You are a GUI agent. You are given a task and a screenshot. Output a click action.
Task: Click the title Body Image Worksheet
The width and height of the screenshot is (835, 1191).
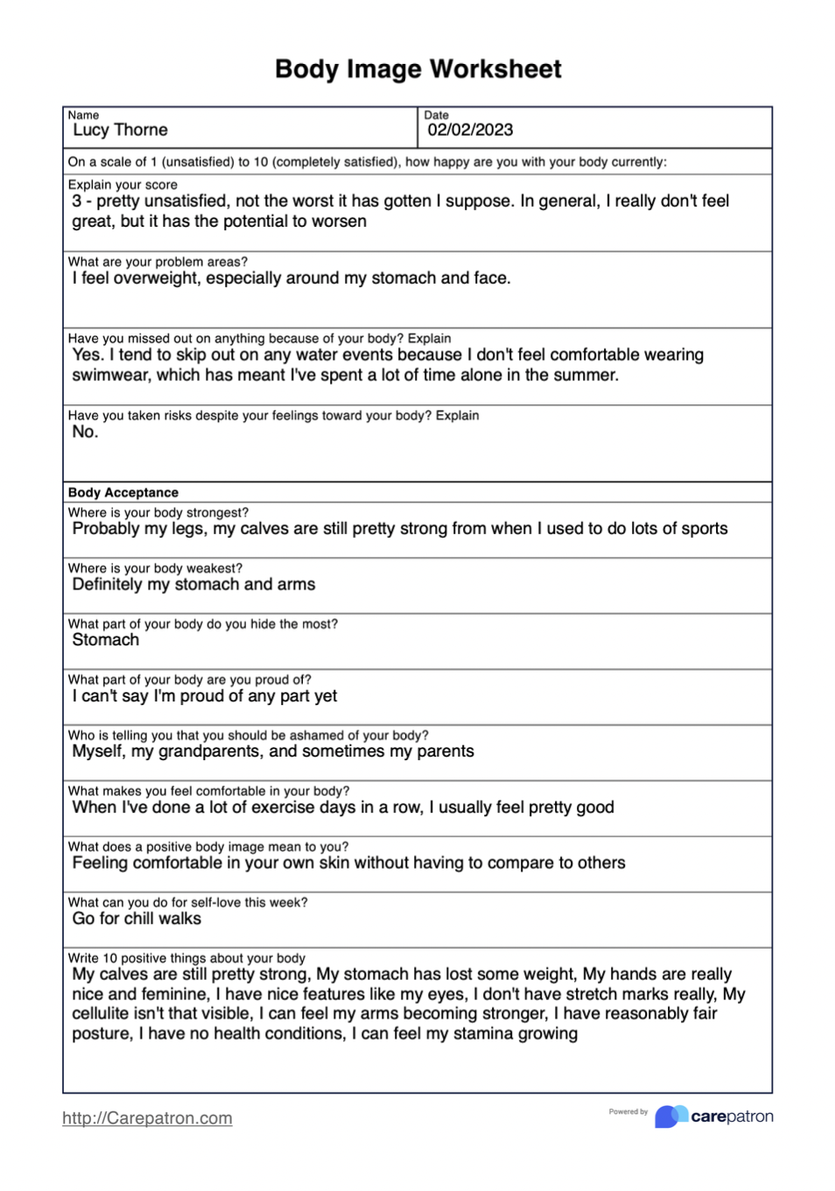[417, 69]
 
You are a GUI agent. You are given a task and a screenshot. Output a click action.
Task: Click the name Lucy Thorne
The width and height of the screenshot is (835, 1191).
[120, 130]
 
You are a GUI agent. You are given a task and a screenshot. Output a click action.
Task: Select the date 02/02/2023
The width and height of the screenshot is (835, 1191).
[470, 130]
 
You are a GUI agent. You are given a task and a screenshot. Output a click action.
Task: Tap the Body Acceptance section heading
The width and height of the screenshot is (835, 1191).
[123, 493]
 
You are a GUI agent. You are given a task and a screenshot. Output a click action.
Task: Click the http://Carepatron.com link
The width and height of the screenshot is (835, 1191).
[147, 1118]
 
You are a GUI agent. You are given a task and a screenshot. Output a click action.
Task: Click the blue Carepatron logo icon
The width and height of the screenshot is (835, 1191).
[670, 1117]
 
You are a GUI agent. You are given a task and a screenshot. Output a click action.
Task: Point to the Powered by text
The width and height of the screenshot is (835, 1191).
[628, 1112]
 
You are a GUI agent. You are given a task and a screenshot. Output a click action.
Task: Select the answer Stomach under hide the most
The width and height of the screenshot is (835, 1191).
[105, 640]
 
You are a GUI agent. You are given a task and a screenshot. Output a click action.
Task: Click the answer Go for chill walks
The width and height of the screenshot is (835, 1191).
[137, 919]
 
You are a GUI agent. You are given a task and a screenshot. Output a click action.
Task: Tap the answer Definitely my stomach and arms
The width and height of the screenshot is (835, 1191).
[193, 585]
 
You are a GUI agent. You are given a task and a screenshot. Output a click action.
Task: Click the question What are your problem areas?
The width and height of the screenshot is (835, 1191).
[158, 262]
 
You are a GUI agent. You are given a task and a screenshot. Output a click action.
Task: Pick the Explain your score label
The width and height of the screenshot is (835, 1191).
[123, 185]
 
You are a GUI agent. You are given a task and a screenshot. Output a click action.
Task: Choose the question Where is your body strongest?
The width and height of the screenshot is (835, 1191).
[158, 513]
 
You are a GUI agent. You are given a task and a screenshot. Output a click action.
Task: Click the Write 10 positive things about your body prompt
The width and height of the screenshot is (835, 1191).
[186, 958]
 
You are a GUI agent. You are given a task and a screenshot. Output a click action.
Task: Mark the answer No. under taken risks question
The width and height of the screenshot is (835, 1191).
[85, 432]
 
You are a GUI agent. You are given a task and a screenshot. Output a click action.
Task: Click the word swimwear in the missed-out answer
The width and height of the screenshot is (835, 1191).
[110, 376]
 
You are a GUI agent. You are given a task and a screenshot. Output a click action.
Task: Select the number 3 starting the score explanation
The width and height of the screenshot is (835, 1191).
[77, 201]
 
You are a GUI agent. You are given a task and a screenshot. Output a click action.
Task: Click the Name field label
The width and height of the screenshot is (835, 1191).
[83, 116]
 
